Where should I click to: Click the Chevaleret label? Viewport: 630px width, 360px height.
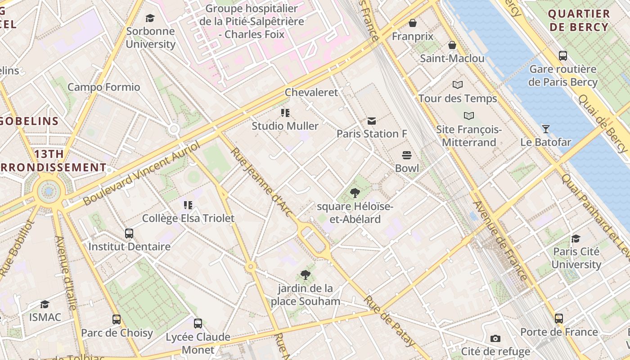click(x=311, y=92)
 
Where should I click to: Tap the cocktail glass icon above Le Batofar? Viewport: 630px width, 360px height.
click(x=545, y=129)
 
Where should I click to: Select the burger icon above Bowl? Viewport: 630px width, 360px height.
click(x=407, y=155)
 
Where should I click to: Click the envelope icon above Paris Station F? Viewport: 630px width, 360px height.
click(x=371, y=121)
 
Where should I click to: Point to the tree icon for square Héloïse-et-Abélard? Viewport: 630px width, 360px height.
click(x=355, y=193)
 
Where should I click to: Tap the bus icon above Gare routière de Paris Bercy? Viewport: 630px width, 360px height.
click(x=562, y=56)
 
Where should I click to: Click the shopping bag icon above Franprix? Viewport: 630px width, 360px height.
click(x=412, y=23)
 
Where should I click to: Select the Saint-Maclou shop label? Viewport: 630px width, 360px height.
click(x=452, y=58)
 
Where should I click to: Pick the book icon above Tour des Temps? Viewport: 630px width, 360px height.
click(x=458, y=85)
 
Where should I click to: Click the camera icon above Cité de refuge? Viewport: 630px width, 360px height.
click(x=495, y=338)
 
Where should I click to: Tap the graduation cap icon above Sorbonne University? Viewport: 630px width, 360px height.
click(x=150, y=18)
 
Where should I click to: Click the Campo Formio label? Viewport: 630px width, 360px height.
click(x=103, y=87)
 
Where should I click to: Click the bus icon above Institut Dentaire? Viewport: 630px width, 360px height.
click(x=129, y=233)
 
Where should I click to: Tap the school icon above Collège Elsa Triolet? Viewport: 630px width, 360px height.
click(x=188, y=205)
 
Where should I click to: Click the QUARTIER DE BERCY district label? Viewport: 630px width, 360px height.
click(x=579, y=20)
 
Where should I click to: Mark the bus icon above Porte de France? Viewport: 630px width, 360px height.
click(x=559, y=319)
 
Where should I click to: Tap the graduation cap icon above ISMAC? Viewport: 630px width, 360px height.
click(x=45, y=304)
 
